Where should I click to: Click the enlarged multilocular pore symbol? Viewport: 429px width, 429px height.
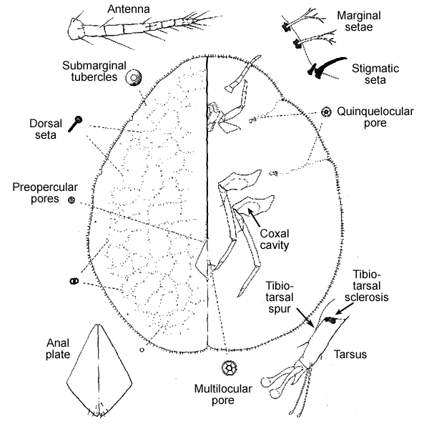point(230,370)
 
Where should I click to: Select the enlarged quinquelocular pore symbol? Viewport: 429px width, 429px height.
point(326,112)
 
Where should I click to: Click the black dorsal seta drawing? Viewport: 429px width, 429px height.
point(78,123)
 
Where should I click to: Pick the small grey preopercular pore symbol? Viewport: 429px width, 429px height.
point(71,201)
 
